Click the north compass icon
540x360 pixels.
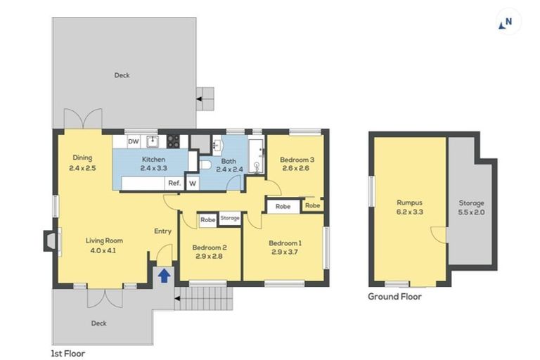508,22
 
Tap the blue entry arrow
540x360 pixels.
163,275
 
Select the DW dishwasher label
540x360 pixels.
133,141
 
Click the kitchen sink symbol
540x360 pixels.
150,141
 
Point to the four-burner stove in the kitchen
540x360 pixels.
173,141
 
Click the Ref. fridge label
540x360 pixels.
174,183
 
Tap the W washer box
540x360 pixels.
191,183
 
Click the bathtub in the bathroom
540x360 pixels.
255,157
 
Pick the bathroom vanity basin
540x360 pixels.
217,145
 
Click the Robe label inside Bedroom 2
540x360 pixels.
207,219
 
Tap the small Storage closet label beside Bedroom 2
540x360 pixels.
230,219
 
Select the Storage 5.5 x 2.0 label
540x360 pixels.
471,207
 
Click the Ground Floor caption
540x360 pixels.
394,296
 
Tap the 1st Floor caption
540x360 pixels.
68,354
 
